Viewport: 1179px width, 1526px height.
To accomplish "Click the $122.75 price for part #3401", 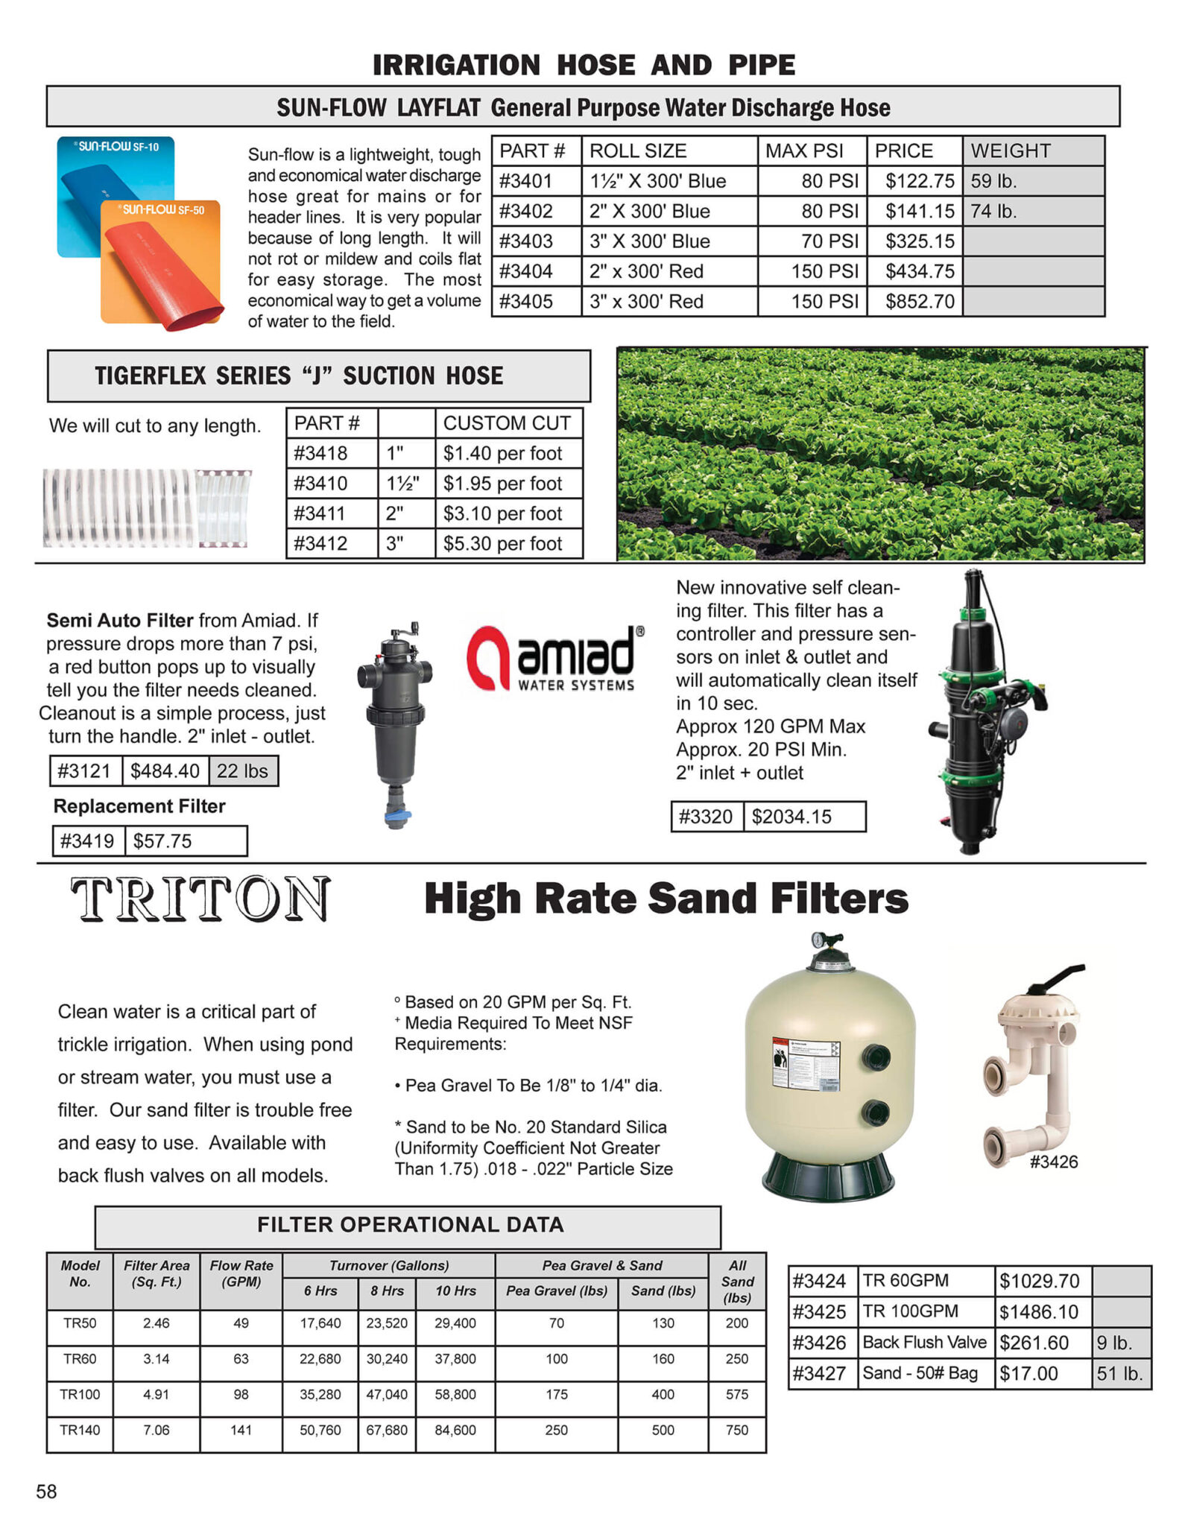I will click(x=919, y=181).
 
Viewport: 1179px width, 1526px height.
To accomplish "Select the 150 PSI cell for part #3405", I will click(x=824, y=302).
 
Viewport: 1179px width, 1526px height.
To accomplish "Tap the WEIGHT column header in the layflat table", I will click(x=1010, y=151).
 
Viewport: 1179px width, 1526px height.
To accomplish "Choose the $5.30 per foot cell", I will click(x=502, y=544).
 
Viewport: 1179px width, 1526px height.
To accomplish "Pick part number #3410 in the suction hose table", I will click(x=320, y=484).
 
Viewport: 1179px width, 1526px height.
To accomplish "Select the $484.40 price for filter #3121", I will click(x=165, y=771).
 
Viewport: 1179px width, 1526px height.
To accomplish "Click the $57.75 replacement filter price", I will click(x=162, y=841).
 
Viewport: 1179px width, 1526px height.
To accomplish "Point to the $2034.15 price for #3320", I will click(x=791, y=817).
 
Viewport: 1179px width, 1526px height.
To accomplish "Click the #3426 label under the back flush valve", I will click(x=1053, y=1162).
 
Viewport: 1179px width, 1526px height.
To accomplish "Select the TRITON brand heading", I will click(x=200, y=899).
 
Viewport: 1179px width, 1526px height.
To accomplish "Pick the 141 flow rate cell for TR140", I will click(x=241, y=1430).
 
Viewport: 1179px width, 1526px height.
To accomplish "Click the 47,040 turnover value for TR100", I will click(x=387, y=1394).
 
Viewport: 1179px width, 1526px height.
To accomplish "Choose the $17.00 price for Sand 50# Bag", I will click(x=1028, y=1373).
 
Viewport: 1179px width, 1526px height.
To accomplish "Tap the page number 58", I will click(x=46, y=1492).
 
